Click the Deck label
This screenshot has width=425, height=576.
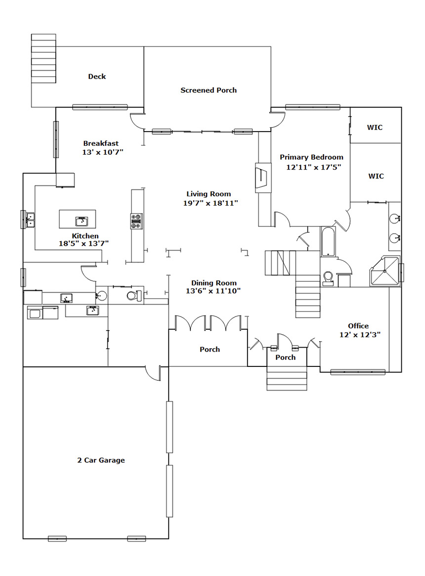(x=97, y=77)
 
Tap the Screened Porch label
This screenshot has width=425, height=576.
(x=209, y=90)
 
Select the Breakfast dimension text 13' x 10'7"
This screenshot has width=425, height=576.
(x=103, y=152)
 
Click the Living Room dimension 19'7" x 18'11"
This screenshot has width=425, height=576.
(x=211, y=203)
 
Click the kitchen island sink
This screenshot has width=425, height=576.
(x=82, y=222)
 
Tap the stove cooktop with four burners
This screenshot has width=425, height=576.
(x=137, y=222)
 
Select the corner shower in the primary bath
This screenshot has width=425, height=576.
(x=384, y=271)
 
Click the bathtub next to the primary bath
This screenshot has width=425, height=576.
(x=328, y=241)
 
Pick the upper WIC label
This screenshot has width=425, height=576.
(x=375, y=128)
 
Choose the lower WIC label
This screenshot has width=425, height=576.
(x=376, y=176)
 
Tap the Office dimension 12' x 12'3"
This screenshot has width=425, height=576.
(x=360, y=335)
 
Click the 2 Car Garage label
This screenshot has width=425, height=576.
(x=101, y=460)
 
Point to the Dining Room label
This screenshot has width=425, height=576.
(x=214, y=283)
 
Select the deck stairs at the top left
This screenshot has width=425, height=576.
(x=43, y=58)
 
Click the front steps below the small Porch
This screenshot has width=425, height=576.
(x=287, y=378)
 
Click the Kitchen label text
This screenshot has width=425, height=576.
(x=85, y=236)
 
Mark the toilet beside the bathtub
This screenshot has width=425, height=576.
(x=328, y=278)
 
